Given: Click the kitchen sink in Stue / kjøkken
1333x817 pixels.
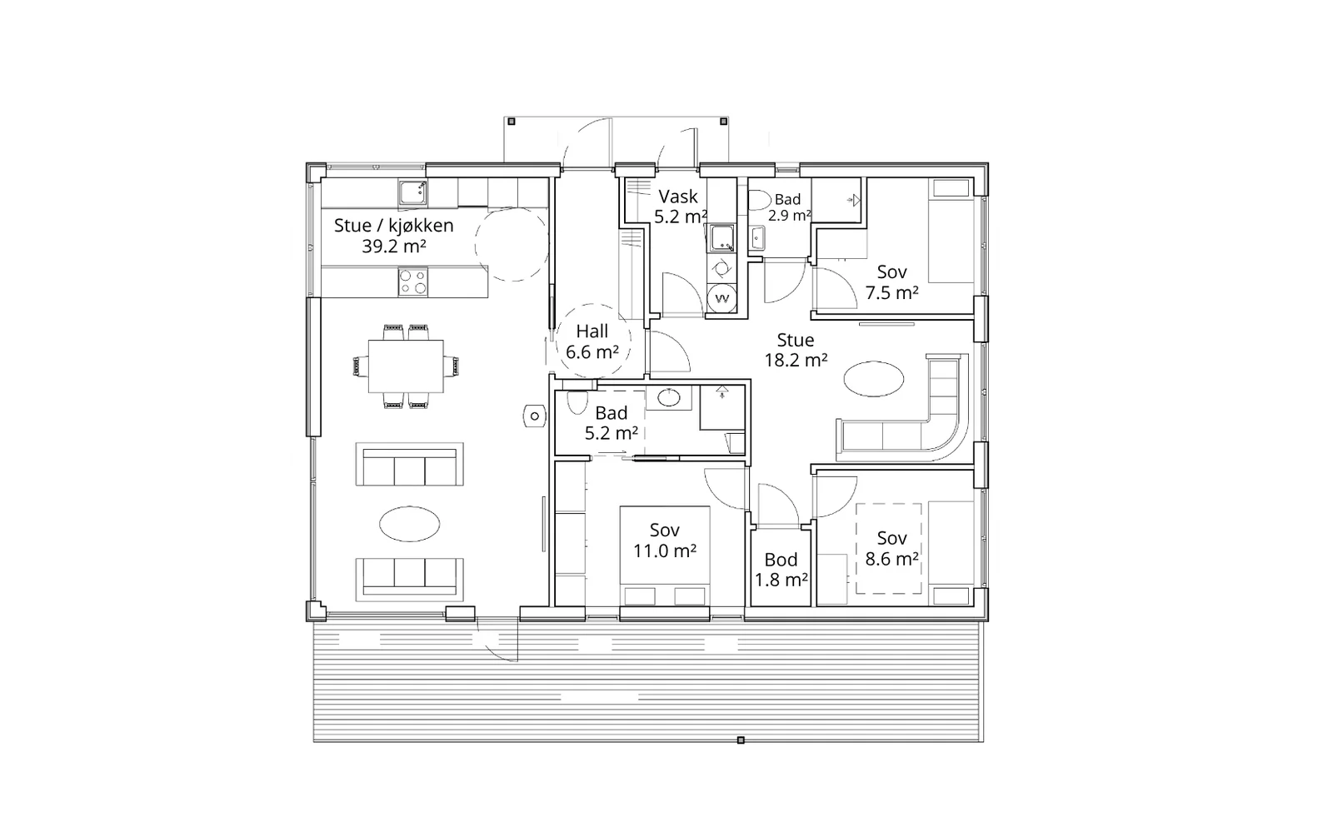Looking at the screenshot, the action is coord(413,192).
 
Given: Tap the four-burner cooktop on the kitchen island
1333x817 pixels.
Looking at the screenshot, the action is coord(413,282).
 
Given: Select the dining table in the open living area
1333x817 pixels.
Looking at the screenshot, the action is coord(406,366).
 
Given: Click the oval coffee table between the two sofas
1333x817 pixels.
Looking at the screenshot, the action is coord(409,524).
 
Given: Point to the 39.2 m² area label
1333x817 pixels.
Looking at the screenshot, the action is coord(394,246).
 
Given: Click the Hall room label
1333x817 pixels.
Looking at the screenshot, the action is coord(592,331).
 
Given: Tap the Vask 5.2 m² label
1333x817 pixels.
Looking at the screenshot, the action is coord(680,207).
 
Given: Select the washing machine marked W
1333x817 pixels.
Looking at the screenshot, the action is coord(722,298).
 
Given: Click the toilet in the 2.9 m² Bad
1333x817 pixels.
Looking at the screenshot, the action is coord(759,200).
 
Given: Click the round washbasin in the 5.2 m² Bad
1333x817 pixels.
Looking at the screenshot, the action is coord(670,397).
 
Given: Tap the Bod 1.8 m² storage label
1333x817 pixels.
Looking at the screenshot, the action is coord(781,570).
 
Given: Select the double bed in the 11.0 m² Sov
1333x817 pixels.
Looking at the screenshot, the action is coord(665,555).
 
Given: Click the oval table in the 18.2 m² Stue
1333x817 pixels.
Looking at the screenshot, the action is coord(874,379).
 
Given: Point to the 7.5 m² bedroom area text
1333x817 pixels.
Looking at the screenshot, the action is coord(891,293).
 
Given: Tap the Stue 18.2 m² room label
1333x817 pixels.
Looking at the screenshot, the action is coord(796,350).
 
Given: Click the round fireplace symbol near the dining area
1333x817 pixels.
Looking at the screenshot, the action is coord(534,416).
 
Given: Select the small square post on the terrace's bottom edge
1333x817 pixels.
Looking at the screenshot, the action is coord(741,740).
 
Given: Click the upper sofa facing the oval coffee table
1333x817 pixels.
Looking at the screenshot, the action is coord(409,464).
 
